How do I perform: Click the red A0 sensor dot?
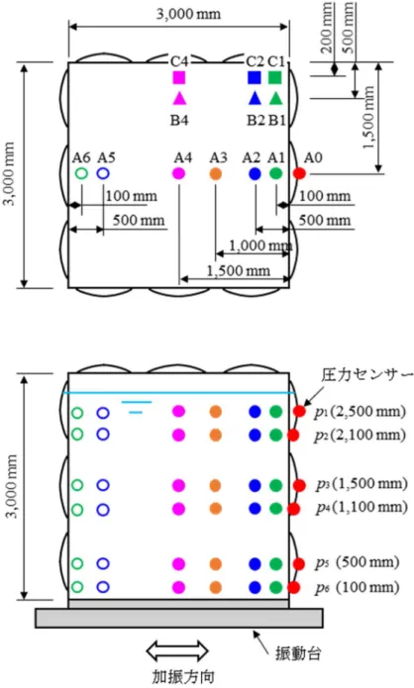point(299,174)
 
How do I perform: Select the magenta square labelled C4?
point(179,77)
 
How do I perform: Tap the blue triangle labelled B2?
point(255,98)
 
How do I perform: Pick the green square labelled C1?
point(275,77)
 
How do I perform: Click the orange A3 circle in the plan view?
point(215,174)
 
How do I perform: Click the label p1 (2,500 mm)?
point(360,412)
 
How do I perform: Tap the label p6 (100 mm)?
point(357,587)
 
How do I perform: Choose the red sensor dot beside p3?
point(299,485)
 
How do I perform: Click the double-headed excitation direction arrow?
point(177,650)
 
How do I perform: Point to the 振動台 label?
point(298,653)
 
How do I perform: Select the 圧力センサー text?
point(367,375)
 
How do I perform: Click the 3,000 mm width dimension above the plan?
point(188,14)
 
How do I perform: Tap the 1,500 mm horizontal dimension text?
point(238,270)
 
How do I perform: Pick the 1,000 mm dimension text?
point(260,246)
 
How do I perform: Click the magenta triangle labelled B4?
point(179,98)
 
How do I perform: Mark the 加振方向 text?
point(183,676)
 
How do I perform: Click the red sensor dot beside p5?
point(298,564)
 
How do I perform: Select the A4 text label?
point(183,157)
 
